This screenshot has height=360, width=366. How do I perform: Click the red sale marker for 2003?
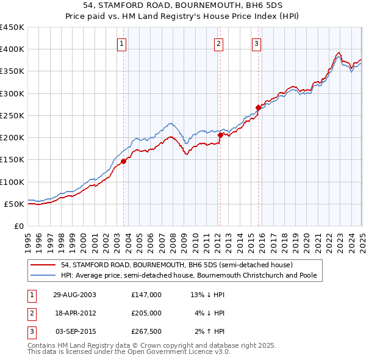pos(124,161)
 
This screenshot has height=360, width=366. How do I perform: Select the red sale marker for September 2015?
pos(258,107)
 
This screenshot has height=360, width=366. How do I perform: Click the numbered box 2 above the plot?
pos(218,43)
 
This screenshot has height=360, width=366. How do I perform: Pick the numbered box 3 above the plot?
pos(257,43)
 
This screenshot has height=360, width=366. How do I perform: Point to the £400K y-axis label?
pos(12,49)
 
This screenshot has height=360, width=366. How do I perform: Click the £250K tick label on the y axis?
pos(12,116)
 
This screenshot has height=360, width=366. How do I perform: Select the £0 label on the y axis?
pos(18,226)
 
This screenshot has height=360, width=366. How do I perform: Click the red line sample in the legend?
pos(43,265)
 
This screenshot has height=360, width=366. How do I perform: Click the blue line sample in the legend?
pos(43,276)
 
